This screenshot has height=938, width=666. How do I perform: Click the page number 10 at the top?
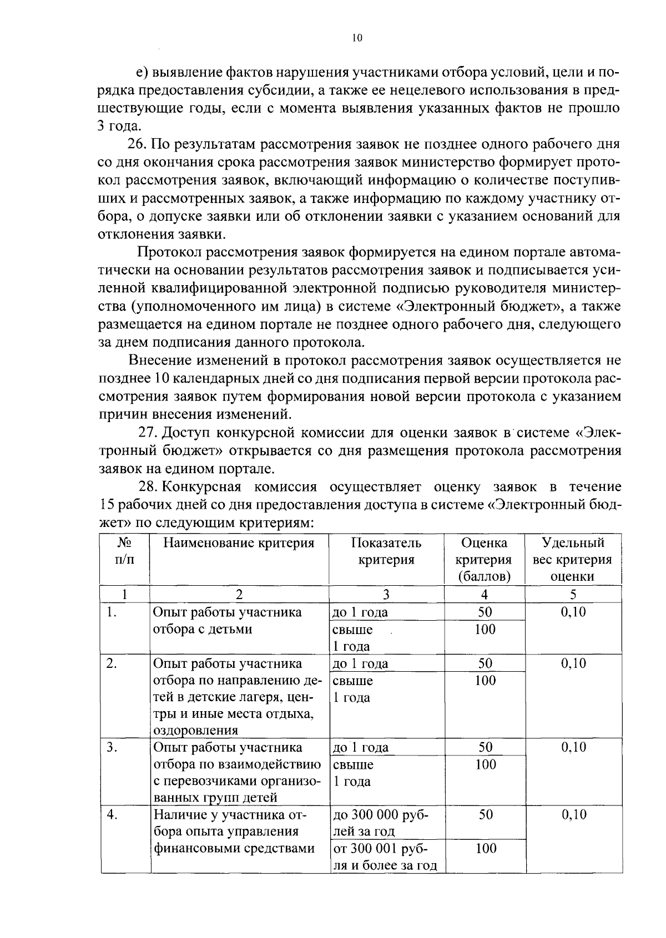[357, 38]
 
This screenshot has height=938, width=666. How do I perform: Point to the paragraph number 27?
[148, 433]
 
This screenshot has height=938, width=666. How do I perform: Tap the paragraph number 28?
[149, 486]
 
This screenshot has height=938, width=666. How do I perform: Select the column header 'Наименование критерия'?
[239, 543]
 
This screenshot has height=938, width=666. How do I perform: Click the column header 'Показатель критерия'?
[386, 551]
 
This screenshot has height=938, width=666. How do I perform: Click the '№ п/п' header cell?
[124, 551]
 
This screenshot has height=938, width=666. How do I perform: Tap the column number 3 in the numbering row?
[386, 594]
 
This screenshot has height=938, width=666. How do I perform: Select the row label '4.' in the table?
[112, 815]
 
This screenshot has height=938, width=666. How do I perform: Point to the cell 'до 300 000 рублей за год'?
[380, 823]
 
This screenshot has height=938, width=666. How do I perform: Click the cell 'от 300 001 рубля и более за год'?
[384, 856]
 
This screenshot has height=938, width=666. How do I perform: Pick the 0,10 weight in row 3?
[573, 747]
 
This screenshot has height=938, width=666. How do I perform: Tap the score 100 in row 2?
[485, 681]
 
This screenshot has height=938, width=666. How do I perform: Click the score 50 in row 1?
[485, 612]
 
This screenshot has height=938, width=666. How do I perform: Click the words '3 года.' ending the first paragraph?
[118, 126]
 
